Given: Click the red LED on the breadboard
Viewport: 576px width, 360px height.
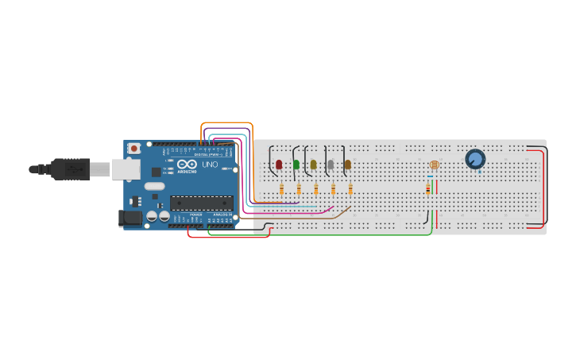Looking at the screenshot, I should coord(279,165).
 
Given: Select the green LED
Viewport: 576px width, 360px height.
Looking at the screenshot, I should coord(296,165).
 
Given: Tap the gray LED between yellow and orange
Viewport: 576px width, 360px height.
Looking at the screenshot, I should coord(331,165).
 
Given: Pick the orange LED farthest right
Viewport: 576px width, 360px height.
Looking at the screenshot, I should coord(347,165).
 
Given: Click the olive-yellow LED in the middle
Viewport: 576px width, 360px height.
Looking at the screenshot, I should coord(313,165).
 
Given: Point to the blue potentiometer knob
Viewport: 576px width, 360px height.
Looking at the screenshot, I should coord(475,159).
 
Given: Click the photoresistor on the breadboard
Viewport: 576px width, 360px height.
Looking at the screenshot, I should coord(434,165).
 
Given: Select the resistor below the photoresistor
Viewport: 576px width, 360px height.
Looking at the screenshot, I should coord(429,188).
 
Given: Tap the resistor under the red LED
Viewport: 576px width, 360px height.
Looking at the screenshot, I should coord(282,189).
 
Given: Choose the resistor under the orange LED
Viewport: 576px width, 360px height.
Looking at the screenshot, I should coord(350,189).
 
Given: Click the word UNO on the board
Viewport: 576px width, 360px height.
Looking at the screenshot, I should coord(211,165).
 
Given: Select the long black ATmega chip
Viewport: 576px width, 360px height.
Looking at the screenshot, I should coord(201,203).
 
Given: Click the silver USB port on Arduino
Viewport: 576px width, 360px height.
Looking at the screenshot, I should coord(125,168).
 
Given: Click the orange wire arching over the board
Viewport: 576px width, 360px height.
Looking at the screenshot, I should coord(227,123).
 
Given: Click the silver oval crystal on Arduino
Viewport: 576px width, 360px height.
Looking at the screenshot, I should coord(154,187).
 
